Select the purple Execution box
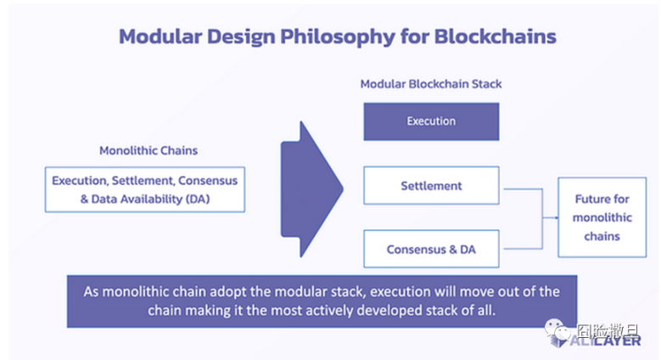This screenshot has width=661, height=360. point(430,121)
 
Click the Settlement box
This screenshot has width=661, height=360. point(430,185)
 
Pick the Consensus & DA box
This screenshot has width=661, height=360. point(430,249)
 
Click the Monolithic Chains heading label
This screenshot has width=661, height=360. point(148,151)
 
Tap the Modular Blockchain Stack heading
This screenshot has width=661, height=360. point(432,84)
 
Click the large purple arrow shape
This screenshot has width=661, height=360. point(310,183)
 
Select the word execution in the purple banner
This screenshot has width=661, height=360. point(390,291)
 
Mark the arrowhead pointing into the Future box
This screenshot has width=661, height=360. point(553,217)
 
